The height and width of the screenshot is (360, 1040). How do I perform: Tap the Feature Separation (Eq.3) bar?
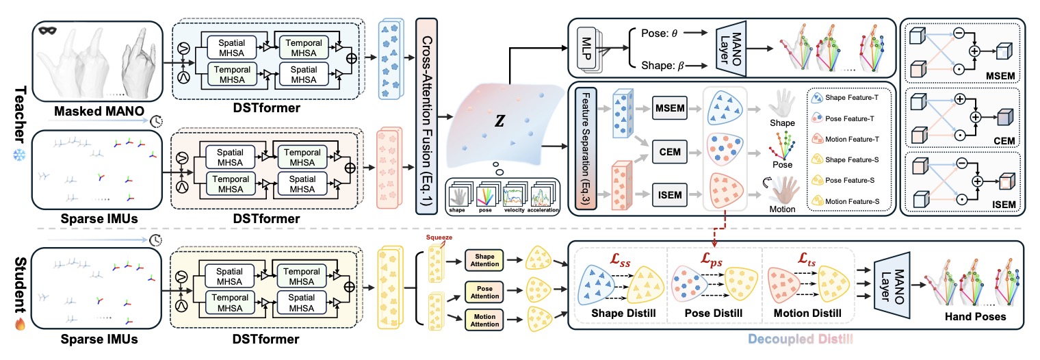[584, 152]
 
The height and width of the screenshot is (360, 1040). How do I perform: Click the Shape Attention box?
[485, 259]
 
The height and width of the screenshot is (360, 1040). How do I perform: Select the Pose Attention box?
[485, 290]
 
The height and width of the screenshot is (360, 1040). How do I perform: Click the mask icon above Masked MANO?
[46, 31]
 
